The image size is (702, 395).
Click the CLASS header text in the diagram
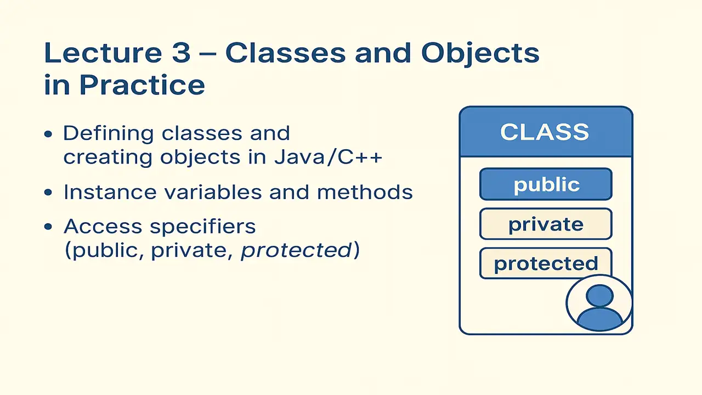click(545, 132)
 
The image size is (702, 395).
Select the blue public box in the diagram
click(546, 184)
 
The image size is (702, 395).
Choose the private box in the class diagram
click(546, 224)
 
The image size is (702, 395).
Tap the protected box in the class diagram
click(546, 263)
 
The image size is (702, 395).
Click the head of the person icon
click(599, 296)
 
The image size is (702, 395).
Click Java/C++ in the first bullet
click(328, 157)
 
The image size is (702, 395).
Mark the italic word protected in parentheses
click(297, 251)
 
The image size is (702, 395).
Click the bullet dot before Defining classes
click(49, 134)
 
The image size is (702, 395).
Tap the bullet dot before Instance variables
click(49, 193)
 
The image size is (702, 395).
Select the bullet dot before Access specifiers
click(49, 226)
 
